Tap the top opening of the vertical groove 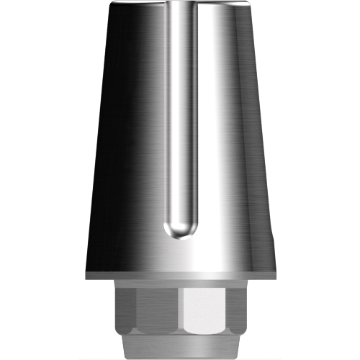pyautogui.click(x=179, y=6)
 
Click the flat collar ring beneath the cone pyautogui.click(x=179, y=275)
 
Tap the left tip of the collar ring pyautogui.click(x=86, y=275)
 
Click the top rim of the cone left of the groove pyautogui.click(x=140, y=5)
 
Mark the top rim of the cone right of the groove pyautogui.click(x=220, y=5)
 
